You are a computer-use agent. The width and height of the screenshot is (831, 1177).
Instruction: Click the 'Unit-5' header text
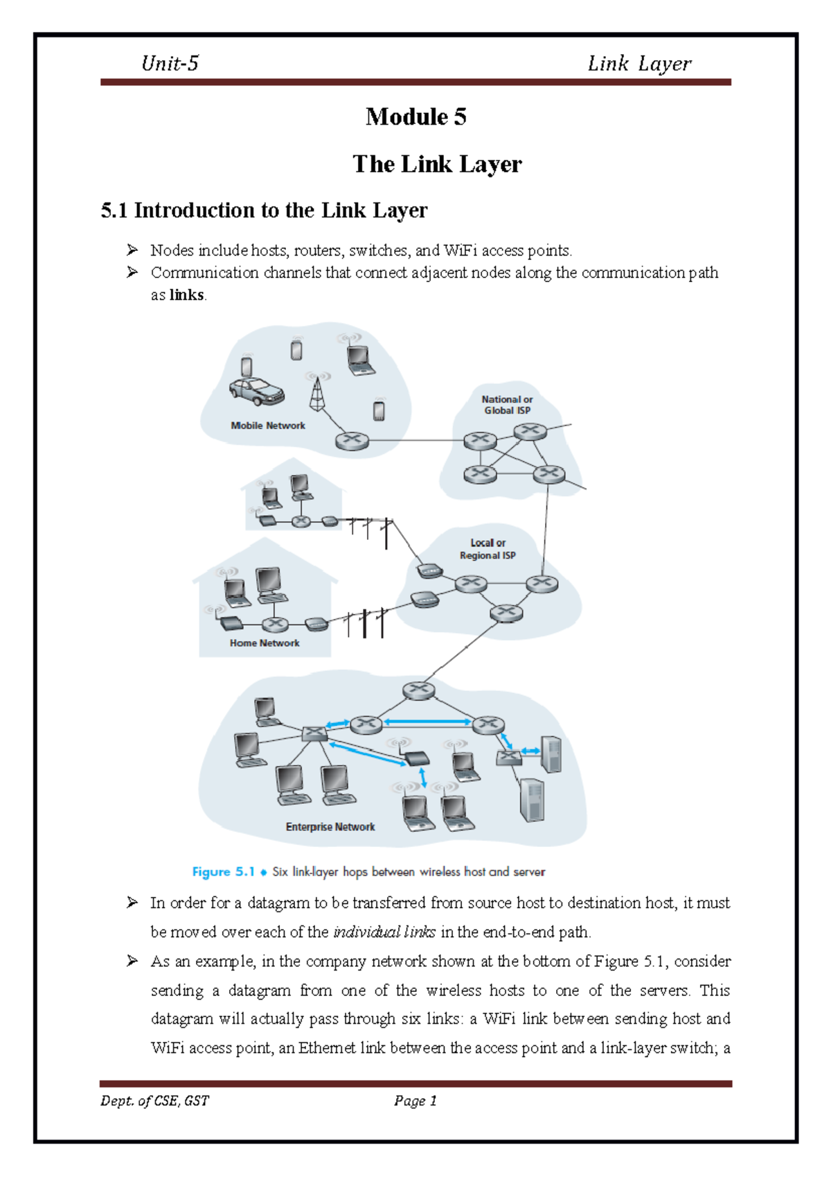click(x=170, y=64)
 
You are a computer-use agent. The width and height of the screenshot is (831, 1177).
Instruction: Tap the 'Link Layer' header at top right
click(x=638, y=64)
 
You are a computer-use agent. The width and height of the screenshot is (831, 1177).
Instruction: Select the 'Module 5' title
click(x=415, y=116)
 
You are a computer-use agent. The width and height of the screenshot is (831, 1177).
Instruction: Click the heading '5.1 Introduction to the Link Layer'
click(x=264, y=210)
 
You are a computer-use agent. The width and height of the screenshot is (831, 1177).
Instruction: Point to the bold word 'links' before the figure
click(x=186, y=295)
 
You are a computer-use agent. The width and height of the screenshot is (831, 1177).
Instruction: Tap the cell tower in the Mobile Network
click(x=317, y=394)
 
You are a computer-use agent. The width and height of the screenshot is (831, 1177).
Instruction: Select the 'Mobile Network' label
click(x=267, y=426)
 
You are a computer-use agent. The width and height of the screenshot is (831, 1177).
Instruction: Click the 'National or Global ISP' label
click(x=507, y=405)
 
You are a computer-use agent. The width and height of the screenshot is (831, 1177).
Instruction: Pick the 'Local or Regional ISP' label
click(x=488, y=549)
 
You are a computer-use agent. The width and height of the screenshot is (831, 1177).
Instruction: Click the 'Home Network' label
click(x=265, y=643)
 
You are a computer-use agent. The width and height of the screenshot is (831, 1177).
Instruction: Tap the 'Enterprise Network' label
click(x=330, y=827)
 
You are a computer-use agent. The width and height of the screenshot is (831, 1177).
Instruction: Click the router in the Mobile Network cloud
click(x=352, y=441)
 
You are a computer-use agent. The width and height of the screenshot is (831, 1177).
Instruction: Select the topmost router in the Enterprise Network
click(x=419, y=690)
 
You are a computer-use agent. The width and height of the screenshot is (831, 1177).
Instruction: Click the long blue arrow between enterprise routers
click(x=427, y=722)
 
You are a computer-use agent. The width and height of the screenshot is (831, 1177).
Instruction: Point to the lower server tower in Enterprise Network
click(x=532, y=800)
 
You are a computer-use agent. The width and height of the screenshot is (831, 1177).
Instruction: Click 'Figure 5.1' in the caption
click(x=223, y=872)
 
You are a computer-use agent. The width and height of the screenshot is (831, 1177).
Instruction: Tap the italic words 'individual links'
click(x=384, y=932)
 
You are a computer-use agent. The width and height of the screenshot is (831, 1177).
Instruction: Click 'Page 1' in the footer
click(x=415, y=1101)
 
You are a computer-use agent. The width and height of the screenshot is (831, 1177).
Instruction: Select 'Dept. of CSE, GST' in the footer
click(x=154, y=1101)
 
